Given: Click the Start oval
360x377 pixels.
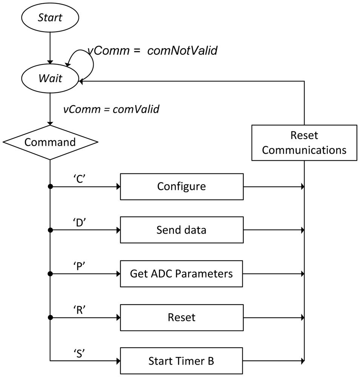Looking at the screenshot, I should point(50,18).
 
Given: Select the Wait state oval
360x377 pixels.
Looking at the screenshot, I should point(50,80).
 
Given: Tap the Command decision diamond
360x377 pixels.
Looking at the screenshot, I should point(50,142).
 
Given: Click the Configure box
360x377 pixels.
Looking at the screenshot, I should point(182,186).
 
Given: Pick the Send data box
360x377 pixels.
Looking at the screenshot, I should point(182,230).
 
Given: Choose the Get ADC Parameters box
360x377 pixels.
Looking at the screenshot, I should point(182,274).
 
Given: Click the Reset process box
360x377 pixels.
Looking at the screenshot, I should point(182,317).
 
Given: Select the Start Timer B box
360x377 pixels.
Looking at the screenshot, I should point(182,361).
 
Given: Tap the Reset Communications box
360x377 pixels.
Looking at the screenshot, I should point(304,143).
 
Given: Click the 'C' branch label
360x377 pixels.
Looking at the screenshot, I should point(80,179).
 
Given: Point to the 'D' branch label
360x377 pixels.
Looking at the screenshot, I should point(80,223).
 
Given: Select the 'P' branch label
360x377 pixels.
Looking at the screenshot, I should point(80,266).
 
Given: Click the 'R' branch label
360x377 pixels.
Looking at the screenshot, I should point(80,310).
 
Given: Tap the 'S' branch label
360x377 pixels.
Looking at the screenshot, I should point(80,353).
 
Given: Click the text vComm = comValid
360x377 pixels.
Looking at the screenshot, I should point(111,109).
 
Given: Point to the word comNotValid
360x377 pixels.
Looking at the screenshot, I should point(182,51).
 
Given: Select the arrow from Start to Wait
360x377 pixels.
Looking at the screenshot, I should point(50,47).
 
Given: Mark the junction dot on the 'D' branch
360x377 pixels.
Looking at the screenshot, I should point(50,230).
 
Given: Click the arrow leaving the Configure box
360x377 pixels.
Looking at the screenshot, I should point(274,186).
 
